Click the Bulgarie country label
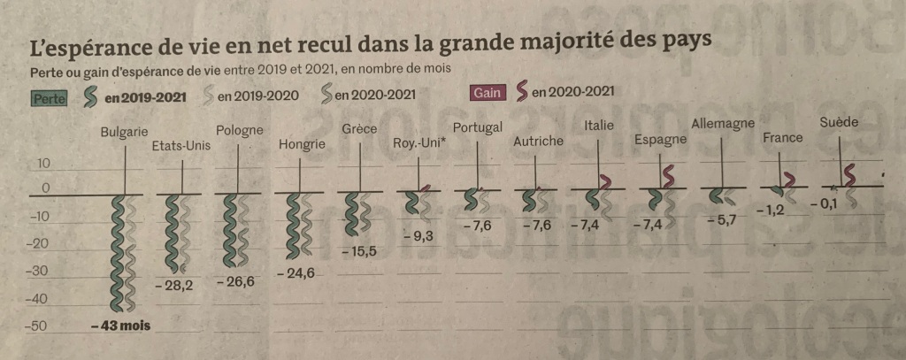click(x=123, y=133)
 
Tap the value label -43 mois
click(x=120, y=326)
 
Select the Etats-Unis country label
click(x=181, y=146)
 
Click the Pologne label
click(x=239, y=131)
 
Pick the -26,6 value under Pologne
click(x=234, y=284)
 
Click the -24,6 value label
click(x=296, y=273)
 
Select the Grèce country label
click(x=360, y=129)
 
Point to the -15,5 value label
click(x=359, y=252)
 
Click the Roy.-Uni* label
click(x=418, y=144)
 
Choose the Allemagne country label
click(x=722, y=123)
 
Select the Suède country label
click(x=839, y=122)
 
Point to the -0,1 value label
click(x=825, y=203)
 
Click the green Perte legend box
click(x=50, y=98)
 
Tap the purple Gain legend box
click(x=487, y=92)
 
